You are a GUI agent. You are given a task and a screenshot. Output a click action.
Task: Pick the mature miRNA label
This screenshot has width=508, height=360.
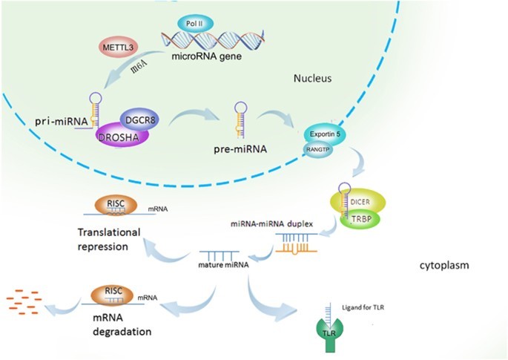(222, 264)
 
